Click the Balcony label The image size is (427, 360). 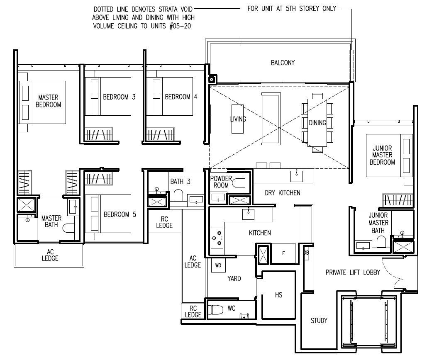click(x=283, y=63)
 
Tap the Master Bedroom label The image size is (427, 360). click(x=48, y=101)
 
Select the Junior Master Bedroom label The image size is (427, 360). click(x=382, y=155)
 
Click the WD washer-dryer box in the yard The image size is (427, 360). click(x=218, y=265)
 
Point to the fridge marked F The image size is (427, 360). click(x=283, y=253)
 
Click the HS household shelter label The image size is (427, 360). click(x=278, y=295)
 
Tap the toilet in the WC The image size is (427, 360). click(x=216, y=309)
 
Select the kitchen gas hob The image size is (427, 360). click(x=217, y=238)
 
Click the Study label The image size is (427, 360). click(x=319, y=321)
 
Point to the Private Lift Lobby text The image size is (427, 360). click(x=353, y=272)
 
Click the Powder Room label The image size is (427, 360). click(x=221, y=182)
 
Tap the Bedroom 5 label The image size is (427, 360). click(x=120, y=214)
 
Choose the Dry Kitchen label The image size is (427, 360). click(x=283, y=193)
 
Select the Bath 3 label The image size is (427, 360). click(x=180, y=182)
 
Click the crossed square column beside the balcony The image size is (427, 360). click(x=212, y=80)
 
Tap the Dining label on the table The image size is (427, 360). click(x=317, y=123)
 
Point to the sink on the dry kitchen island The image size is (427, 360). click(x=297, y=176)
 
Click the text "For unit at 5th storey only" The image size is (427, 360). click(x=292, y=9)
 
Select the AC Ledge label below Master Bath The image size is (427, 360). click(x=50, y=255)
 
